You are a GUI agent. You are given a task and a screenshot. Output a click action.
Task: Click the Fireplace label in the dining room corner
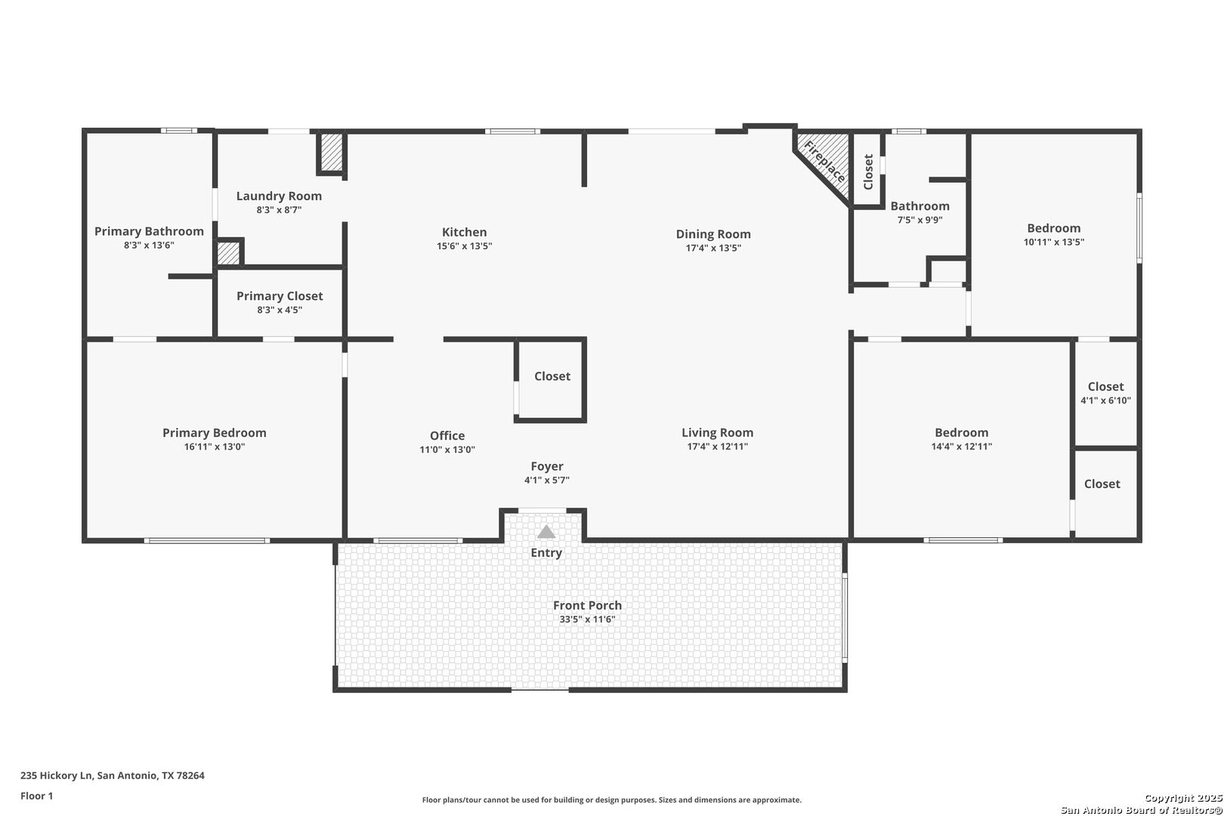click(824, 161)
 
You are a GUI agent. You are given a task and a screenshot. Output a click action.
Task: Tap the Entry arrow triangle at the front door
click(546, 531)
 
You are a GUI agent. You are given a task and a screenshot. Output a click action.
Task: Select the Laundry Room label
click(279, 196)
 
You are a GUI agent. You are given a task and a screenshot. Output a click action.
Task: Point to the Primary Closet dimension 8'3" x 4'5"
click(280, 310)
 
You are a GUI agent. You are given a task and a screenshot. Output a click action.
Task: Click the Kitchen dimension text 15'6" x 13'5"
click(464, 246)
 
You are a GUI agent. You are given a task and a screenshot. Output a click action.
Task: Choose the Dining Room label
click(713, 234)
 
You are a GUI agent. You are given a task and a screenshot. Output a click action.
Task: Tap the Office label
click(447, 436)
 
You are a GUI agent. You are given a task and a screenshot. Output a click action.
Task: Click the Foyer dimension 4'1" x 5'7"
click(546, 480)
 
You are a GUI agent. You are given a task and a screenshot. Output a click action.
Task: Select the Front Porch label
click(587, 605)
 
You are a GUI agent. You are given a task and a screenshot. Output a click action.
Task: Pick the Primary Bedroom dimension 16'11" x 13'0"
click(215, 447)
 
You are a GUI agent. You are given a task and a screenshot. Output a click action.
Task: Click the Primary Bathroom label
click(149, 231)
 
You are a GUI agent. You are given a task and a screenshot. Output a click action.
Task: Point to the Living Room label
click(717, 432)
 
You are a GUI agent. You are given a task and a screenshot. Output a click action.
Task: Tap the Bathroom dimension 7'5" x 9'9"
click(920, 220)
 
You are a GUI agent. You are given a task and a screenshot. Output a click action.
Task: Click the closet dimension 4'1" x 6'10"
click(1105, 400)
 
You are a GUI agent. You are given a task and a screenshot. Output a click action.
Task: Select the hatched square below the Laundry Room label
click(228, 253)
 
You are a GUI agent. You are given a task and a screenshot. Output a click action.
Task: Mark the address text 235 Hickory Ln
click(56, 775)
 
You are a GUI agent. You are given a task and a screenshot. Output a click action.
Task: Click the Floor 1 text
click(36, 796)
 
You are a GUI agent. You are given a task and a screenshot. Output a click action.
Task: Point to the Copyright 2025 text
click(1182, 798)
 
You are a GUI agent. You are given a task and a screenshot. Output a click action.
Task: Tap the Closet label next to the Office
click(552, 376)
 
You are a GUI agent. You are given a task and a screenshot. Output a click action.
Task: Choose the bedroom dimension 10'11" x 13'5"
click(1053, 242)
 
